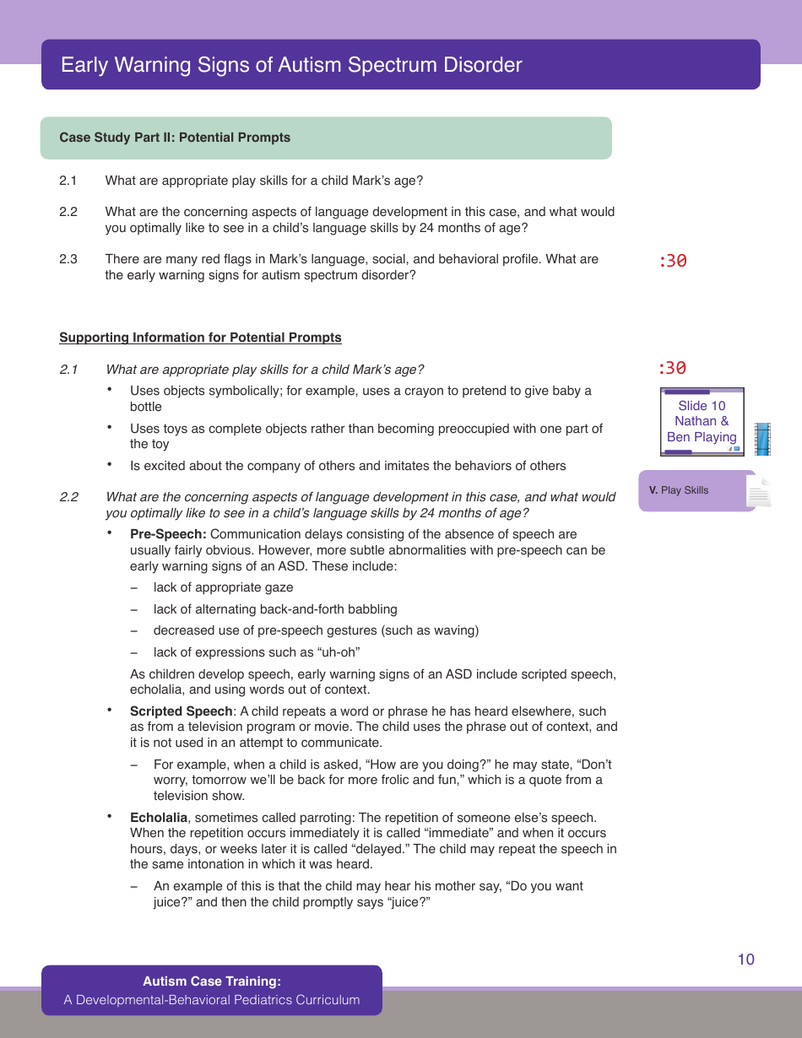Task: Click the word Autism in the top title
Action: [320, 65]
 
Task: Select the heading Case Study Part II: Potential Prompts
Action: [175, 138]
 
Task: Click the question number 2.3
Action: [68, 259]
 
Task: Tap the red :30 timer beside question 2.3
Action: [673, 261]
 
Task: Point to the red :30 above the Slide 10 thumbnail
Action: [673, 368]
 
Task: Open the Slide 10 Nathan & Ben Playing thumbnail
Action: [702, 422]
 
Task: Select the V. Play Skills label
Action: [680, 490]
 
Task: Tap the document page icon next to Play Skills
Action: [758, 492]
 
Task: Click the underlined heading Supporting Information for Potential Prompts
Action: [200, 338]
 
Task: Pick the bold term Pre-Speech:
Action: [168, 534]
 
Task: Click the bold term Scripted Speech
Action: [181, 711]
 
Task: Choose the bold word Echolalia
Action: [159, 818]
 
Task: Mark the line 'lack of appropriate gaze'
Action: [223, 587]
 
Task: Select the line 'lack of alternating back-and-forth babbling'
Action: [275, 609]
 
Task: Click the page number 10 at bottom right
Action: [745, 960]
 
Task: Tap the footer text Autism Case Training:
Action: [212, 981]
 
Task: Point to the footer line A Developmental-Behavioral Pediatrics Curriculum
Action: [212, 1000]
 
